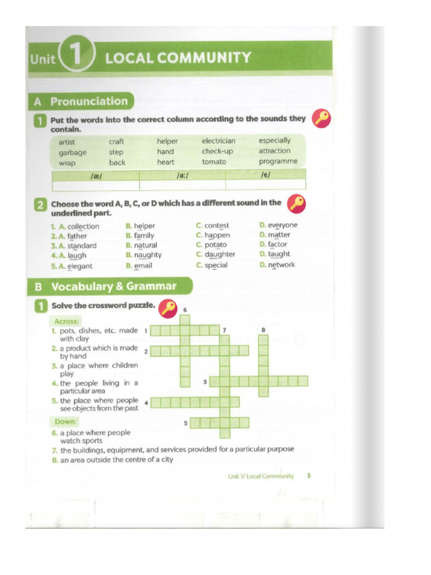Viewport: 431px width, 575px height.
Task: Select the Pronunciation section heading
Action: pos(89,102)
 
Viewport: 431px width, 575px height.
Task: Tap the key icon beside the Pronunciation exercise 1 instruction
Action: pos(322,118)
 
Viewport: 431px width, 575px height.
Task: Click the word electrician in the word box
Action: pos(218,141)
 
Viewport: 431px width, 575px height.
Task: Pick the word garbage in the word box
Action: pos(72,153)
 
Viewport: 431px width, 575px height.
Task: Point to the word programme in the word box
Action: pos(278,162)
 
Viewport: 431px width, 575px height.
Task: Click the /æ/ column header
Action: pos(95,175)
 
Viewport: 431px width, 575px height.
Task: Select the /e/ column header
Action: pos(265,175)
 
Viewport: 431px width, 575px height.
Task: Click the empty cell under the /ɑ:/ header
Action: pos(182,185)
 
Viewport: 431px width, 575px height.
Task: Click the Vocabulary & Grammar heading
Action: pos(113,287)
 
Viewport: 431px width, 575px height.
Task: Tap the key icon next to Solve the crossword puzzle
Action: pos(167,308)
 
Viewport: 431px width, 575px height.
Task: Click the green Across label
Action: pos(66,322)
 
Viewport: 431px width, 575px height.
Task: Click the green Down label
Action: pos(66,422)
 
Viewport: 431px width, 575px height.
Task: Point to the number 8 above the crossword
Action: pos(263,330)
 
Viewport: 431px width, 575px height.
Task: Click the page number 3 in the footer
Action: pos(309,476)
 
